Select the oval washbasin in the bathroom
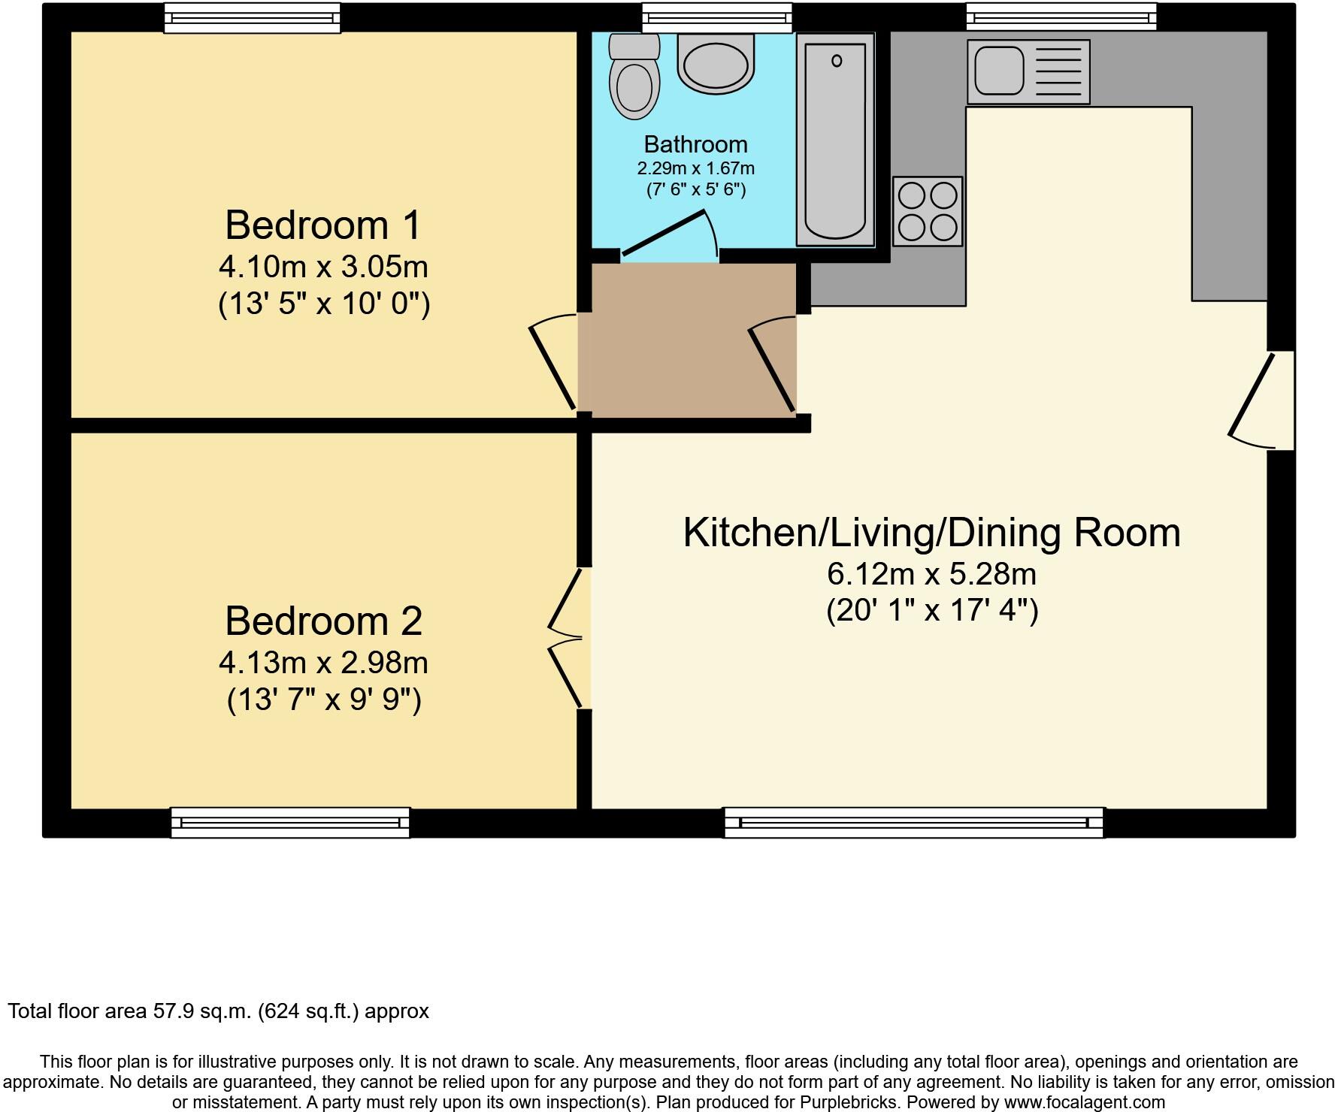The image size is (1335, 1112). point(716,63)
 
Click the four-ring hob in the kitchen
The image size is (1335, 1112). point(928,211)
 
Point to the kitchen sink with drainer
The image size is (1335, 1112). point(1028,72)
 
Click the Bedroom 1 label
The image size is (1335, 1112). point(323,225)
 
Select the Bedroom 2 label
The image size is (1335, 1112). point(323,621)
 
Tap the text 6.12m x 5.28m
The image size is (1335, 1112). point(931,575)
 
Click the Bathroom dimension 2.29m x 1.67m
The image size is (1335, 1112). point(695,168)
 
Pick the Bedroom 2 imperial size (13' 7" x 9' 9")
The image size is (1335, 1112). point(324,700)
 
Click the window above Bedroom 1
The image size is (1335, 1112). point(252,17)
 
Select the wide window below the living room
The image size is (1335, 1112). point(913,823)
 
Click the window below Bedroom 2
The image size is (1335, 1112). point(290,823)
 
